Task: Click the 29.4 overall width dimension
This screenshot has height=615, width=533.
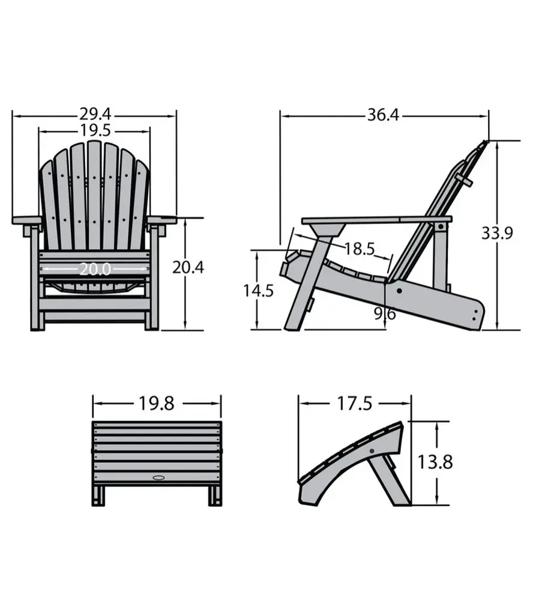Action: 95,114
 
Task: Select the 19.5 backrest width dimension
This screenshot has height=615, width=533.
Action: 95,130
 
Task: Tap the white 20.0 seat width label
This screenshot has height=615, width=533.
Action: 95,269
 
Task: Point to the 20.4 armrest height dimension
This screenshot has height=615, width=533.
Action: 188,267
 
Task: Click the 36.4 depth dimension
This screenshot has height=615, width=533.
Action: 383,115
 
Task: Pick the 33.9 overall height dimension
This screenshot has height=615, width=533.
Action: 497,234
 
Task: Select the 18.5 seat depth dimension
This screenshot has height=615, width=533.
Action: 360,249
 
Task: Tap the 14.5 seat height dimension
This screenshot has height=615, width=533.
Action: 258,291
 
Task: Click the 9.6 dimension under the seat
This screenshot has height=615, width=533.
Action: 385,314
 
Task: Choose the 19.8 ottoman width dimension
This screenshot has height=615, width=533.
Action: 157,403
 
